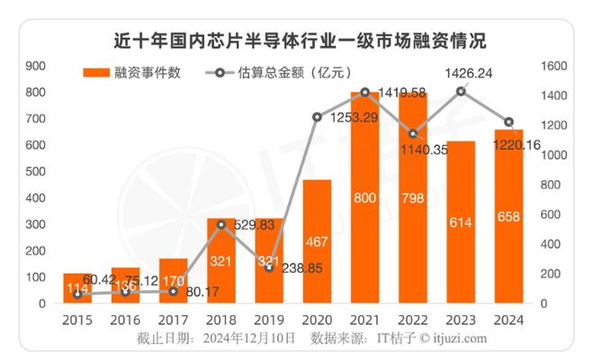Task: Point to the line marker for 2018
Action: point(220,225)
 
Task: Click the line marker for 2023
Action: point(462,91)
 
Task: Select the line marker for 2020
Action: point(316,117)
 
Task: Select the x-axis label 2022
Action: point(413,319)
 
